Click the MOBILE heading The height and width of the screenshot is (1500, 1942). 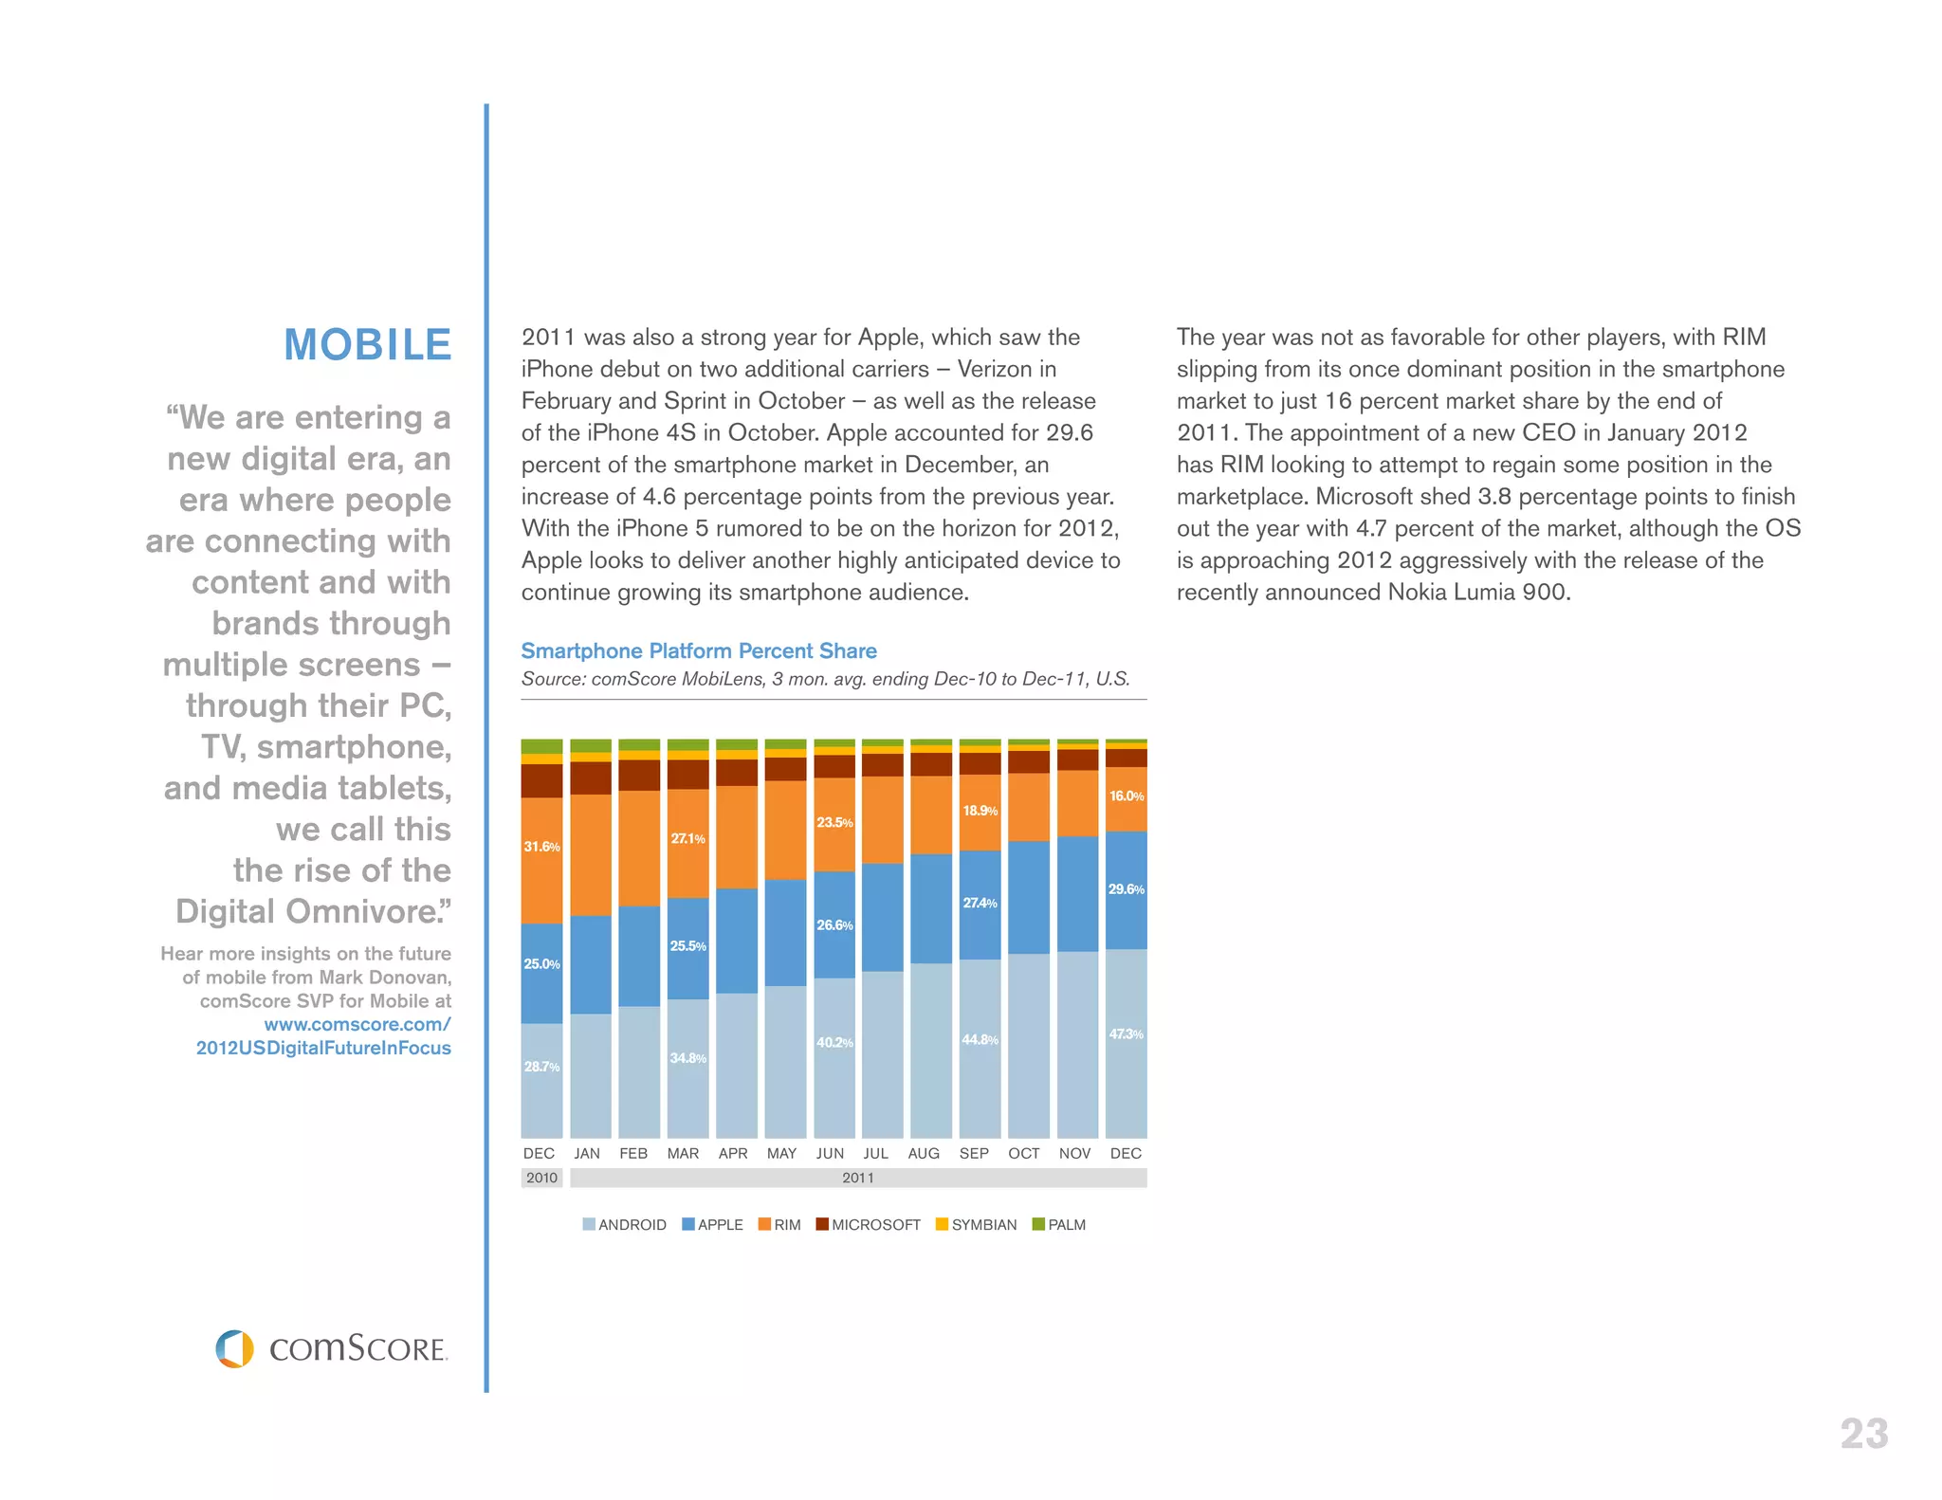367,344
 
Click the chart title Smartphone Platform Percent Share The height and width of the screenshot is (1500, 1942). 698,650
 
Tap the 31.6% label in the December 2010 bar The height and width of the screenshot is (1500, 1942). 541,847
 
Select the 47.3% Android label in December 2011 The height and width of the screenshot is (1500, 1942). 1126,1034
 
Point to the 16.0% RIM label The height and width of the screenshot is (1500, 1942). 1126,796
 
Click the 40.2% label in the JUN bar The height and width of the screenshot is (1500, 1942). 834,1043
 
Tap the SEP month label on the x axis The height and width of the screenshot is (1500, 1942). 974,1153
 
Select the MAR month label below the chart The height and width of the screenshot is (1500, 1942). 683,1153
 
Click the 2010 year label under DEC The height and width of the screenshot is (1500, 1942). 541,1178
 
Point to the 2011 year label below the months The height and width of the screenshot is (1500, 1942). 857,1178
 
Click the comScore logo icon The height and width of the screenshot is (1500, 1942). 235,1348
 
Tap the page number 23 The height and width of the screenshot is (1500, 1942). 1863,1434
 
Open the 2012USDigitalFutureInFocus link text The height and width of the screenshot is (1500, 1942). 323,1048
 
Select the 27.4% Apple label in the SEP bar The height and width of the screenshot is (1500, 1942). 980,904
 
